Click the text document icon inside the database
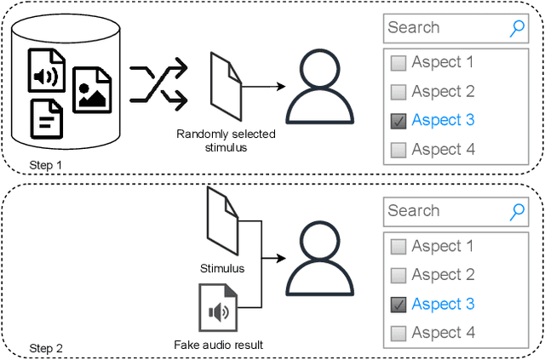47,118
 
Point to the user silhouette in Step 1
319,85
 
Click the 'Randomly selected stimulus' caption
226,140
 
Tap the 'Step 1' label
46,164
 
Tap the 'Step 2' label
46,348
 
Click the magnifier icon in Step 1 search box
517,27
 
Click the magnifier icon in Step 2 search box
517,211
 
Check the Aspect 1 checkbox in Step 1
398,62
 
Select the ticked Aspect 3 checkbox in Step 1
398,121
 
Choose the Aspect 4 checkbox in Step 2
398,334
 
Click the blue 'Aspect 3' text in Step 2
443,304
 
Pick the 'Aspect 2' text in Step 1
443,91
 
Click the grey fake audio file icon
217,308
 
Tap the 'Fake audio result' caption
218,344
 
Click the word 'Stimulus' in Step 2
221,268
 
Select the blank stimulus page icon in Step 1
226,86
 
